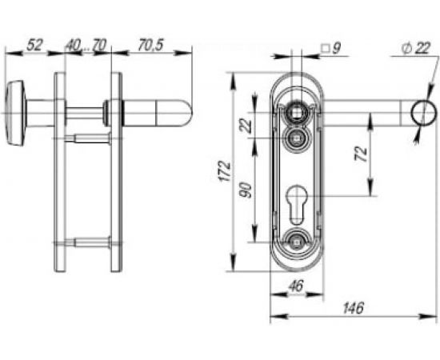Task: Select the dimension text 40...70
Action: pyautogui.click(x=86, y=45)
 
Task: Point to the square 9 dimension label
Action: pyautogui.click(x=330, y=49)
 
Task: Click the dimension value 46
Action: pyautogui.click(x=296, y=285)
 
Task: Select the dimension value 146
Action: pyautogui.click(x=353, y=307)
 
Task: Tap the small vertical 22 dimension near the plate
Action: pyautogui.click(x=246, y=124)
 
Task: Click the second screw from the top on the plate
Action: pyautogui.click(x=298, y=138)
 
